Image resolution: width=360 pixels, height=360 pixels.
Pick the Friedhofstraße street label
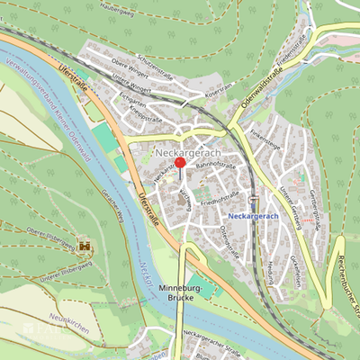(220, 199)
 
